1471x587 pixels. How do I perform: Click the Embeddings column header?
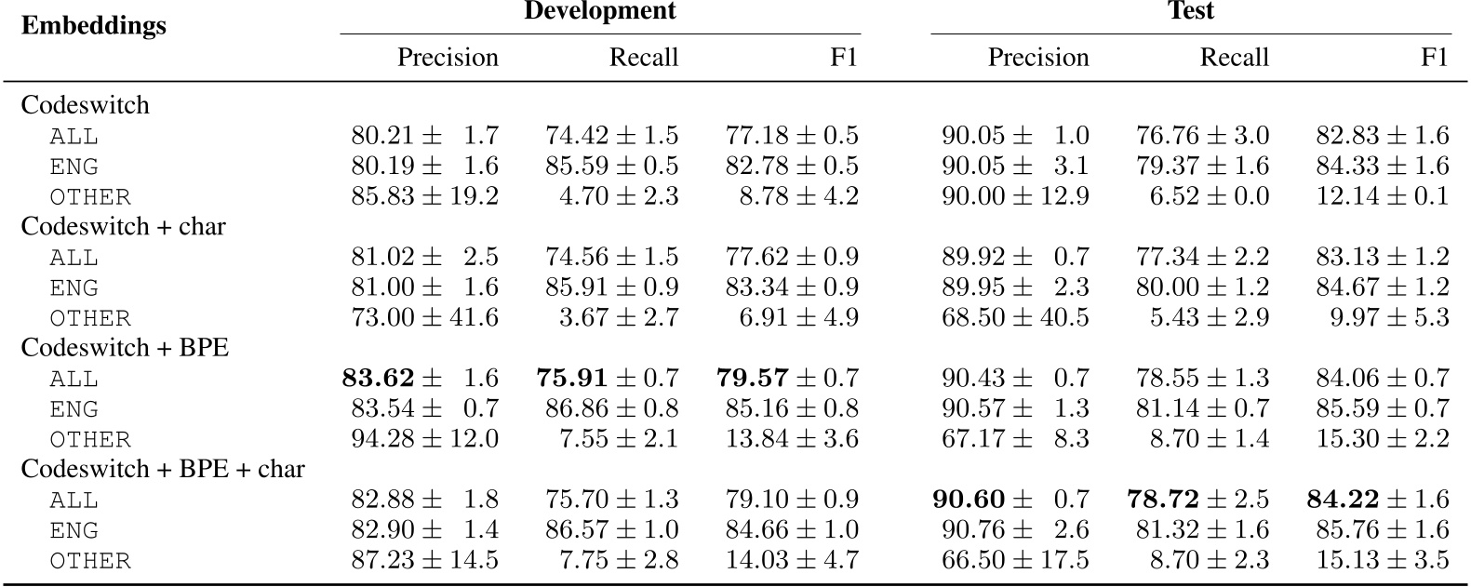(93, 25)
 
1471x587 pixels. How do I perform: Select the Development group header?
(599, 11)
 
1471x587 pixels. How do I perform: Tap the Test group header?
(1190, 11)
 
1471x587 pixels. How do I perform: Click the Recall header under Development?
(643, 58)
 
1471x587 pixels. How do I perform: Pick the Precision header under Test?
(1037, 58)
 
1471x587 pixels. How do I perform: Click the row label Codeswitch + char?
(123, 226)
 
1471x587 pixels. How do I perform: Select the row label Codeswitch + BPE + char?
(163, 469)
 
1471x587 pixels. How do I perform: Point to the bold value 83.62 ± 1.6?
(420, 379)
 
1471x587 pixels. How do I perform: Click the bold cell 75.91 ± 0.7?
(607, 379)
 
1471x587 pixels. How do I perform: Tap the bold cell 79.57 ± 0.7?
(787, 379)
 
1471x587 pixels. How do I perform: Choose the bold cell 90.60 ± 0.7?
(1010, 500)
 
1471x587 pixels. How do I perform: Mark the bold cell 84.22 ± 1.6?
(1377, 500)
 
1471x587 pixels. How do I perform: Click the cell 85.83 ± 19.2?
(424, 197)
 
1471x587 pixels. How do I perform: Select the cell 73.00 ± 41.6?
(424, 318)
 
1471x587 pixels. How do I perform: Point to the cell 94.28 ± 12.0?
(424, 439)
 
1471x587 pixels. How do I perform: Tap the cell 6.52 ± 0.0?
(1209, 197)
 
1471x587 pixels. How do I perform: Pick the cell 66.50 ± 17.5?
(1014, 560)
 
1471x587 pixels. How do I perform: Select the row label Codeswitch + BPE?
(125, 348)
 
